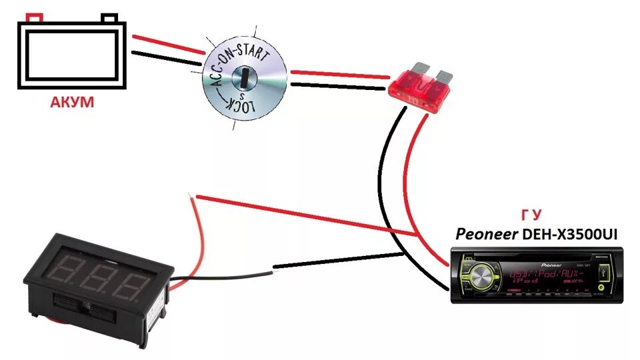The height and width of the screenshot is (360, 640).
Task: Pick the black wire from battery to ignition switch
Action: (167, 58)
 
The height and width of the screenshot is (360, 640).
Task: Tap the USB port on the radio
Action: (603, 273)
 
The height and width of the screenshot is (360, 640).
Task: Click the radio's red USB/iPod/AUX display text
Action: (541, 275)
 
